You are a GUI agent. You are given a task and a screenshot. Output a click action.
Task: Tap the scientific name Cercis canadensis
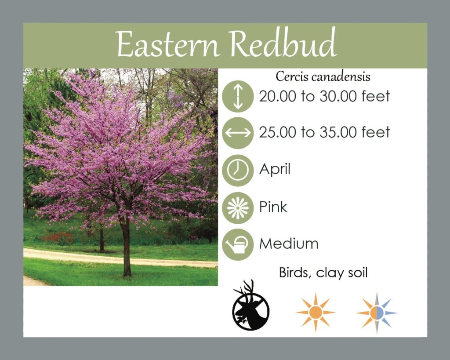pyautogui.click(x=323, y=76)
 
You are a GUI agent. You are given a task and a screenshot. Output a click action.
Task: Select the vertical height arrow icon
pyautogui.click(x=238, y=96)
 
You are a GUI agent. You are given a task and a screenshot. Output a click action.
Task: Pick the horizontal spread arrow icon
pyautogui.click(x=238, y=133)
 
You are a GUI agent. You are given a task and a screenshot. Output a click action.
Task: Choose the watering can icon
pyautogui.click(x=238, y=244)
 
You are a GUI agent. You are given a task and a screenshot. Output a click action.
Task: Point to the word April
pyautogui.click(x=275, y=169)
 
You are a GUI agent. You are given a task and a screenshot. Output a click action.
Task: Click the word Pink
pyautogui.click(x=273, y=207)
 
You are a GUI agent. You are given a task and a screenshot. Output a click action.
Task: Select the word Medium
pyautogui.click(x=289, y=244)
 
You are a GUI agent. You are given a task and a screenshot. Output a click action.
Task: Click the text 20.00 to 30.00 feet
pyautogui.click(x=324, y=96)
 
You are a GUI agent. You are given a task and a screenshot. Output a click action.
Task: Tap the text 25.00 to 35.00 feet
pyautogui.click(x=324, y=132)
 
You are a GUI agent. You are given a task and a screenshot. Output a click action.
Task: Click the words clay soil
pyautogui.click(x=341, y=273)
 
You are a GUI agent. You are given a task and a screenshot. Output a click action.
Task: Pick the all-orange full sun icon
pyautogui.click(x=316, y=313)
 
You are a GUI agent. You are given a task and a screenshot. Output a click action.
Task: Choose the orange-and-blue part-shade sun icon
pyautogui.click(x=377, y=313)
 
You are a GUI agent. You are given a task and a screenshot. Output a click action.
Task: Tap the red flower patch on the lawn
pyautogui.click(x=58, y=238)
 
